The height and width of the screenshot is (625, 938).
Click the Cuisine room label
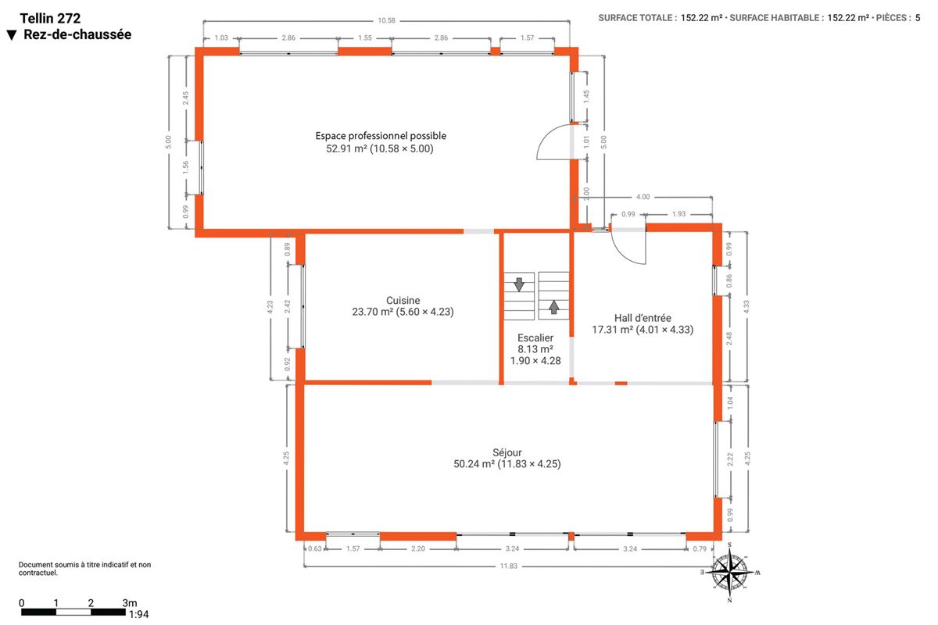(x=403, y=300)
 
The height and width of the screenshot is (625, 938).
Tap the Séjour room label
(x=507, y=452)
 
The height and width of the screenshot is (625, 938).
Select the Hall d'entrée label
(x=643, y=318)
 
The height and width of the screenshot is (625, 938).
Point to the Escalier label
(x=535, y=337)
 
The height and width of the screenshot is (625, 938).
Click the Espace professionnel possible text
(x=381, y=136)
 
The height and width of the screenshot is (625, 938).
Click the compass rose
(x=729, y=572)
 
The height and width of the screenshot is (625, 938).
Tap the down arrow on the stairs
(x=519, y=284)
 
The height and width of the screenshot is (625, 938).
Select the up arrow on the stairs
(x=553, y=307)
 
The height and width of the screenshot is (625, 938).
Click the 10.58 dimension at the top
(x=386, y=20)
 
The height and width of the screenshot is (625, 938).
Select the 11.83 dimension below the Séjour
(x=508, y=566)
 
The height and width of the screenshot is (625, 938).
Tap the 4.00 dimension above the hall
(x=643, y=197)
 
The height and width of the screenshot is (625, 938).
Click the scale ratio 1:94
(x=138, y=614)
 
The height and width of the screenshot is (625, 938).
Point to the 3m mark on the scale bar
(x=130, y=603)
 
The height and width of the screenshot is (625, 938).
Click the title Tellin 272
(x=50, y=19)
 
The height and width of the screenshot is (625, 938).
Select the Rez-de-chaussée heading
(x=77, y=34)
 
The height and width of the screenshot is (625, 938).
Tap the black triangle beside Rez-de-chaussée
(x=12, y=35)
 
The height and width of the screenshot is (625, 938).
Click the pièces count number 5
(x=918, y=18)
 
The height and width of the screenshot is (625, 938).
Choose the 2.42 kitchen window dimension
(x=288, y=306)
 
